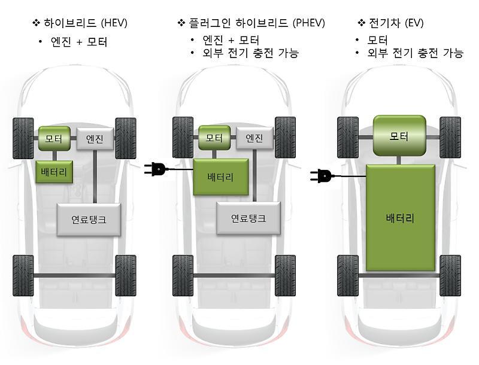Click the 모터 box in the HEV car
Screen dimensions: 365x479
[x=54, y=138]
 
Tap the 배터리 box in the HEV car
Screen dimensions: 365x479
[x=54, y=172]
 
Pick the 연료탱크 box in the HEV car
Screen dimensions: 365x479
[x=89, y=219]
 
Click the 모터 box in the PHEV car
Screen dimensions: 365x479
[x=214, y=138]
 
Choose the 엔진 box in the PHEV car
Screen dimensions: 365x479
[x=254, y=138]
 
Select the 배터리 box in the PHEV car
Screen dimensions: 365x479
[x=220, y=177]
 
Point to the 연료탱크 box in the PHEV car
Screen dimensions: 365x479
[x=248, y=218]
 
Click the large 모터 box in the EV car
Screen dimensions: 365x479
[x=399, y=136]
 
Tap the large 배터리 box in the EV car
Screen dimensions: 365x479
[x=401, y=218]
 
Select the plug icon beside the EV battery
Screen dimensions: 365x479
[x=320, y=175]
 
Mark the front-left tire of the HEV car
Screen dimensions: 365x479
[x=23, y=138]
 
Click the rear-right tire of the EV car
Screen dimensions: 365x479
[x=450, y=275]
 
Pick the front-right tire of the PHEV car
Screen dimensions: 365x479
[x=285, y=138]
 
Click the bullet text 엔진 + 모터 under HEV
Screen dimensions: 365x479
[x=80, y=42]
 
